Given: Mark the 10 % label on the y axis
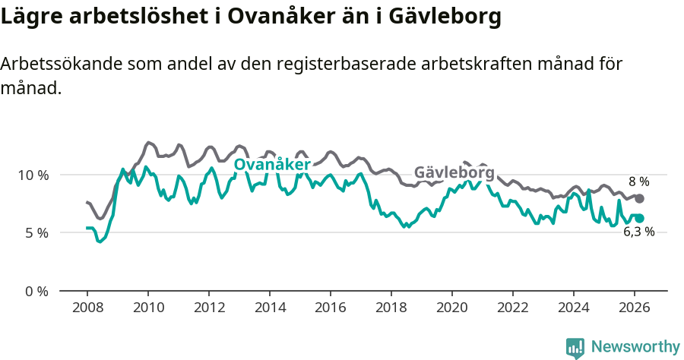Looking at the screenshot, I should point(32,175).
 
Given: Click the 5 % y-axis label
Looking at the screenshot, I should point(36,232).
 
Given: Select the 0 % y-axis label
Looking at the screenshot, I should point(36,291).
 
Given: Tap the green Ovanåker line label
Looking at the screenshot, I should point(271,165).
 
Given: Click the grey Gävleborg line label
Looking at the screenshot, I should point(454,173).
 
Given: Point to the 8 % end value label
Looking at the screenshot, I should point(638,182).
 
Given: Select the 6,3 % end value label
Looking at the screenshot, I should point(638,232).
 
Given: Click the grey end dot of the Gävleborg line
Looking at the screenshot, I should point(639,198).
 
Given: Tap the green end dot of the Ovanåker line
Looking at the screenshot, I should point(639,218).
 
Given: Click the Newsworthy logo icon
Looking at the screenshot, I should point(575,347).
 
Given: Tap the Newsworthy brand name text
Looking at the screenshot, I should point(635,347).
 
